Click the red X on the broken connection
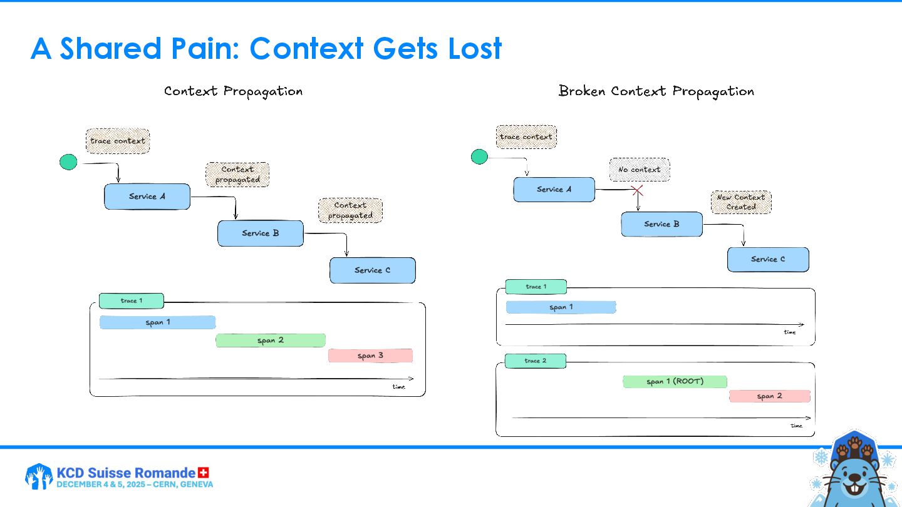coord(637,190)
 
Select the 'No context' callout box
coord(640,170)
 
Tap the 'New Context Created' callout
coord(741,202)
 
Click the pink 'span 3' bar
coord(370,356)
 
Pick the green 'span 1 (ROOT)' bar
coord(675,382)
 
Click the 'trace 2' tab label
coord(536,361)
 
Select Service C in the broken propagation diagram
coord(768,259)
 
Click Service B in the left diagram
coord(261,233)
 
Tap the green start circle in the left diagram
coord(68,163)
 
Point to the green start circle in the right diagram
coord(479,157)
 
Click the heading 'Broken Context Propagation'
coord(656,91)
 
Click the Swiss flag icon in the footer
coord(203,473)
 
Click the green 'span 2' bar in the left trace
coord(271,341)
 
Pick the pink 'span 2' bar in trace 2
coord(769,396)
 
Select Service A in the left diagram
coord(147,197)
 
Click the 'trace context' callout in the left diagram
coord(118,141)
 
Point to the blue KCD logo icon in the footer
coord(39,476)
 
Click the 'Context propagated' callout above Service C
coord(350,210)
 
